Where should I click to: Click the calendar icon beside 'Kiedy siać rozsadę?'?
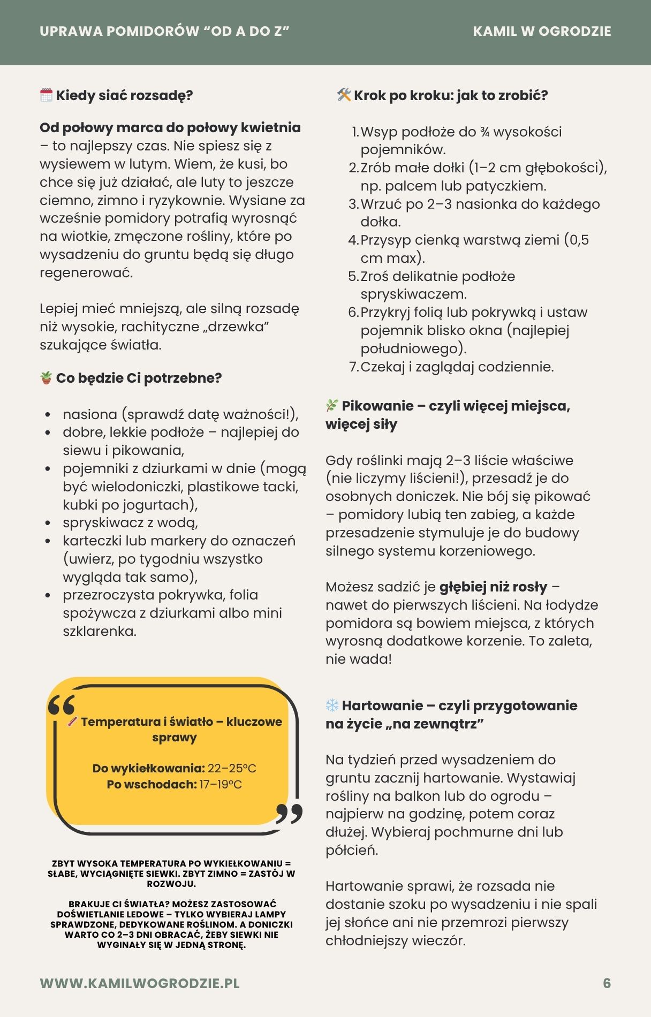click(x=46, y=95)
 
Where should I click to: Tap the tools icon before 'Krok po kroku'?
click(x=344, y=95)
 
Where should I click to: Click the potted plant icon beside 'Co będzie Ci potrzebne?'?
click(x=46, y=378)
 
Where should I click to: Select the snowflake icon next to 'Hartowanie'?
click(x=332, y=705)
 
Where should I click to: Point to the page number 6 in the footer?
click(x=607, y=983)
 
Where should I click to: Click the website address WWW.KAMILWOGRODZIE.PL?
click(x=140, y=983)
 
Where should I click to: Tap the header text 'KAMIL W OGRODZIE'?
click(x=542, y=32)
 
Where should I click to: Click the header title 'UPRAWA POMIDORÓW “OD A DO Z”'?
click(x=164, y=32)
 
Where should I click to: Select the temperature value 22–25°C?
click(x=232, y=769)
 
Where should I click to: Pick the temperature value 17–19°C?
click(x=221, y=785)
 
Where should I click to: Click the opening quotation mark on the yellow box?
click(x=61, y=705)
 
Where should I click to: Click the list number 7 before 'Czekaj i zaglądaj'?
click(x=353, y=367)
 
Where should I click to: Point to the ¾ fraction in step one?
click(x=485, y=132)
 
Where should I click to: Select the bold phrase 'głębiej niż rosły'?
click(x=493, y=587)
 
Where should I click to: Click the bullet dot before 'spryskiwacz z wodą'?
click(x=48, y=523)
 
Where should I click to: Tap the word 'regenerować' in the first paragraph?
click(x=86, y=272)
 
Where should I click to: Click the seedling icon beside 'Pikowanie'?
click(x=332, y=406)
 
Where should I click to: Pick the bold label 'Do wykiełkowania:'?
click(x=148, y=769)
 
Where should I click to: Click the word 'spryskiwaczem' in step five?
click(x=413, y=294)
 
